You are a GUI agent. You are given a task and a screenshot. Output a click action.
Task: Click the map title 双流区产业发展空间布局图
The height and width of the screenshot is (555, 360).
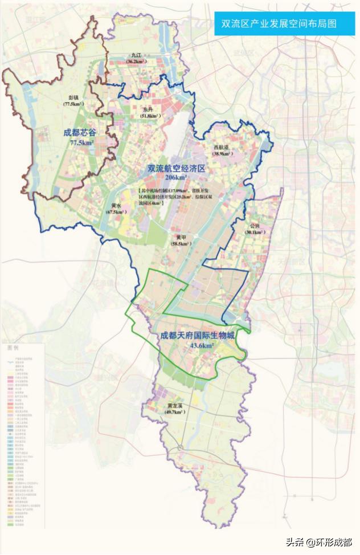pyautogui.click(x=279, y=25)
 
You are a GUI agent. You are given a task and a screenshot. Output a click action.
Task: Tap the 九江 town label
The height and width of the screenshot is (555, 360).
pyautogui.click(x=134, y=55)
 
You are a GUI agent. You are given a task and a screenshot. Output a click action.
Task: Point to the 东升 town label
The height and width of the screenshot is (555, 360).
pyautogui.click(x=148, y=109)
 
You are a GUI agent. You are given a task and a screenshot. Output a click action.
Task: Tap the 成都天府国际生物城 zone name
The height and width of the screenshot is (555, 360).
pyautogui.click(x=198, y=336)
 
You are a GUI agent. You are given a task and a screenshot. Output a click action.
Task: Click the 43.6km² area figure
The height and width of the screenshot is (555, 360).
pyautogui.click(x=202, y=345)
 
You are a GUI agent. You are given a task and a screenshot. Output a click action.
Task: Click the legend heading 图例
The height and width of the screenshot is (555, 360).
pyautogui.click(x=13, y=347)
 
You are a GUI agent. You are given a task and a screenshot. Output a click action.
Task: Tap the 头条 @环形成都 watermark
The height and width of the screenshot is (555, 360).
pyautogui.click(x=319, y=541)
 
